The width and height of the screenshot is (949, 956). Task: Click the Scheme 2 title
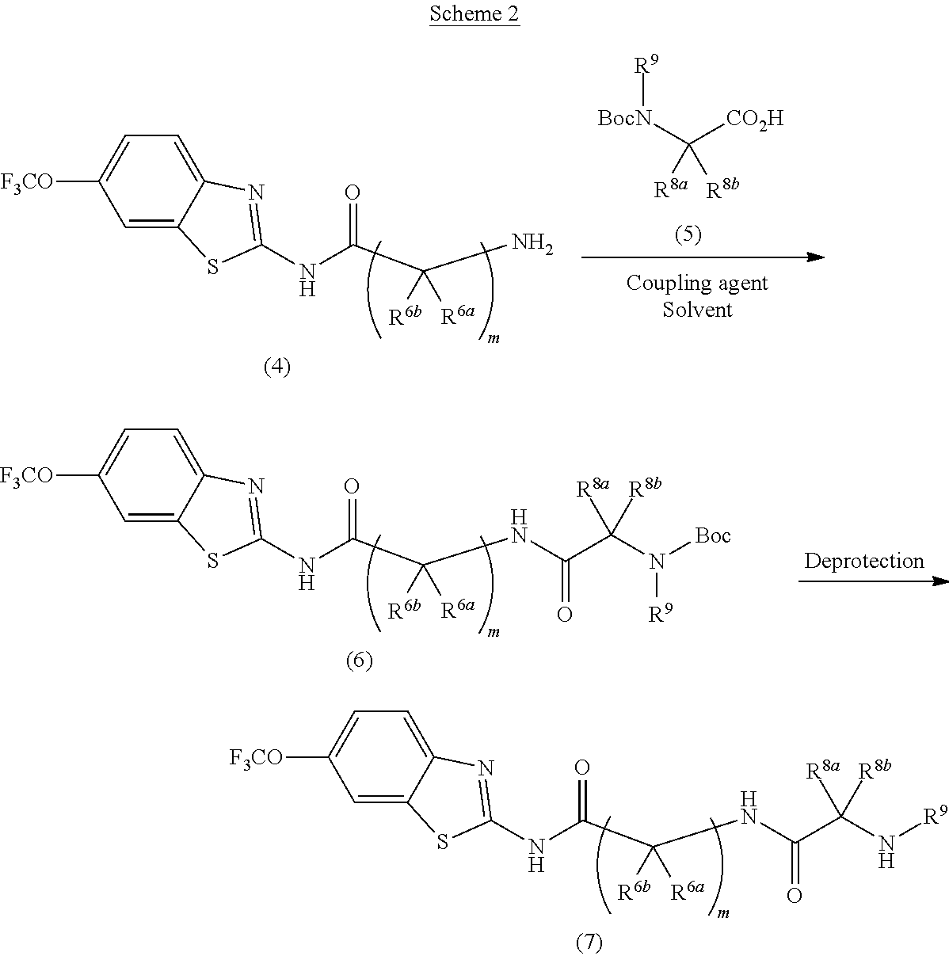tap(475, 14)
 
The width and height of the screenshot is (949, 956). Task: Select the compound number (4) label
tap(277, 367)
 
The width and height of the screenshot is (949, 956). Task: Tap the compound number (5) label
tap(687, 234)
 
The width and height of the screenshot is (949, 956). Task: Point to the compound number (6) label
tap(359, 660)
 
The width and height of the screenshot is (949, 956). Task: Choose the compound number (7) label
tap(588, 942)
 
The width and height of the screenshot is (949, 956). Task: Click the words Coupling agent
tap(697, 283)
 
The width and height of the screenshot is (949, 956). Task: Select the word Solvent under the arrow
tap(697, 309)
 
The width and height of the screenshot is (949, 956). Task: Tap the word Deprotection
tap(864, 562)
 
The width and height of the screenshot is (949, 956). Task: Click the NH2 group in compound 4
tap(532, 243)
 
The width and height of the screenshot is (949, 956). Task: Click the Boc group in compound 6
tap(713, 536)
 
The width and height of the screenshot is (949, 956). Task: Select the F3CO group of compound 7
tap(256, 758)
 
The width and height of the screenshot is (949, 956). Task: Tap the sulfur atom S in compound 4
tap(212, 267)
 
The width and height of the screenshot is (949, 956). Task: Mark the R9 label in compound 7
tap(936, 815)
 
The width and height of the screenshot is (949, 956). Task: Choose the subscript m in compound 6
tap(494, 632)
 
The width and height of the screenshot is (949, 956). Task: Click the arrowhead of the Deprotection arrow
tap(940, 581)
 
